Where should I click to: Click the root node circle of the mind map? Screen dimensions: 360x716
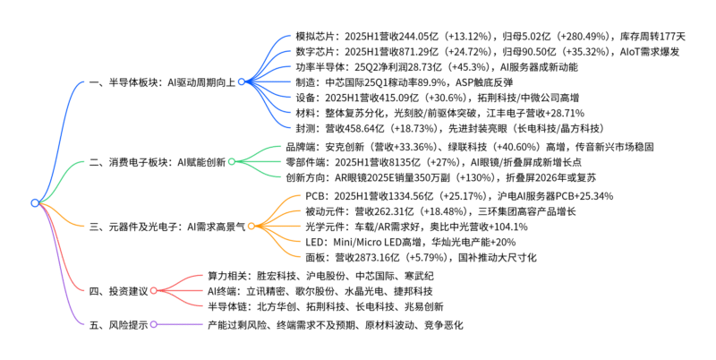coord(35,203)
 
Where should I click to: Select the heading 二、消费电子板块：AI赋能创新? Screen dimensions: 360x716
coord(158,162)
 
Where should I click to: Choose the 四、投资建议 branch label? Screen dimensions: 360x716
coord(118,291)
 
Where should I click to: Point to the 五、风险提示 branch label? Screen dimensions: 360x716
coord(118,323)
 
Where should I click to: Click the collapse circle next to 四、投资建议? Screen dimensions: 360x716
coord(154,291)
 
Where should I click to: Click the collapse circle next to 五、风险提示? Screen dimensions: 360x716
coord(154,323)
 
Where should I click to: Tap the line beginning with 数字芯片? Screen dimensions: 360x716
coord(489,52)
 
